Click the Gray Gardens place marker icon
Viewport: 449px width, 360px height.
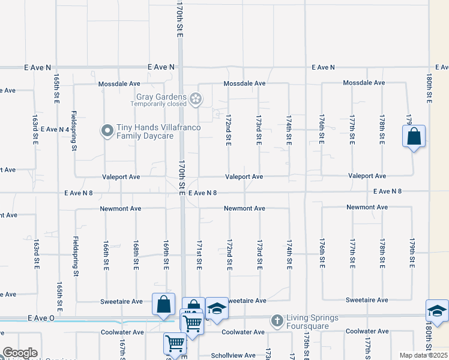pyautogui.click(x=196, y=98)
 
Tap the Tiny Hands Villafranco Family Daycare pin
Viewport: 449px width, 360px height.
pyautogui.click(x=107, y=131)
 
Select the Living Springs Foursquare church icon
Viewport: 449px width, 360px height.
pyautogui.click(x=277, y=321)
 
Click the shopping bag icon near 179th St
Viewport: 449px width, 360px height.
pyautogui.click(x=414, y=136)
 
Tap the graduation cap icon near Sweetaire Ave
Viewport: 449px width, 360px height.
pyautogui.click(x=217, y=308)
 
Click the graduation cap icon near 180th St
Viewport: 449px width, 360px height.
pyautogui.click(x=438, y=311)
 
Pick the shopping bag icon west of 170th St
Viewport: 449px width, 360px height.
pyautogui.click(x=163, y=304)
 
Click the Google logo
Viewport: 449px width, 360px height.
pyautogui.click(x=19, y=353)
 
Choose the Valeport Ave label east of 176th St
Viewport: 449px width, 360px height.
pyautogui.click(x=368, y=176)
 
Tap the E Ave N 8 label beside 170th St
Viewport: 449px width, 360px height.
pyautogui.click(x=202, y=193)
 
